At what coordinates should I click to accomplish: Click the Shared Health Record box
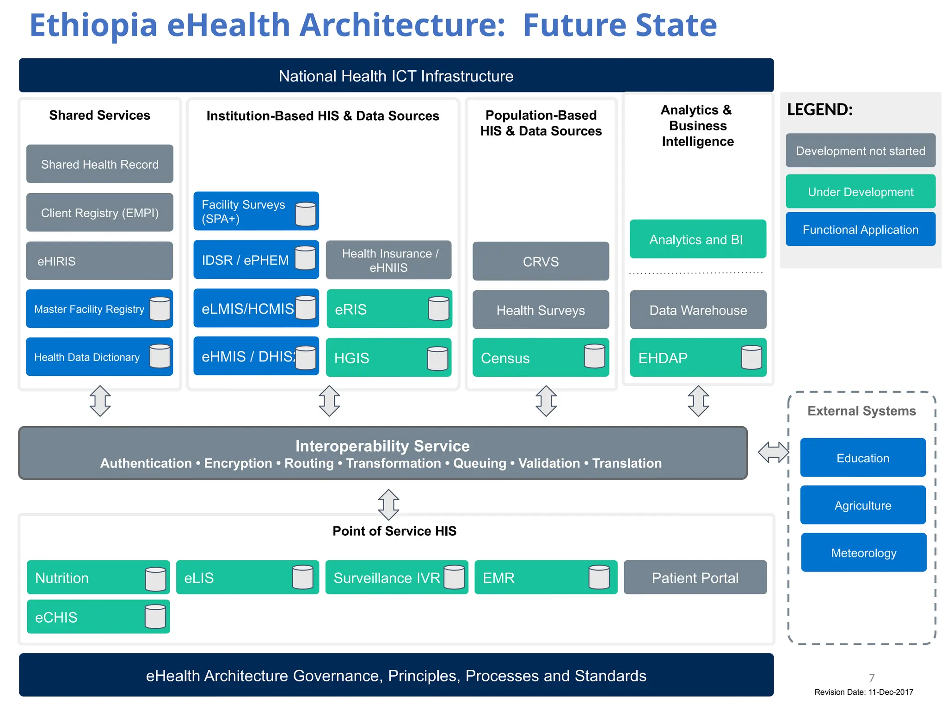tap(99, 164)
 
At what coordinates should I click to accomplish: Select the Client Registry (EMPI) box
tap(99, 213)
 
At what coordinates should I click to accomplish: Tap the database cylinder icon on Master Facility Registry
tap(160, 309)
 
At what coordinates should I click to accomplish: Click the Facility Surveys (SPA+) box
tap(256, 211)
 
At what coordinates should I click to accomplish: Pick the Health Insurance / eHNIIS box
tap(388, 260)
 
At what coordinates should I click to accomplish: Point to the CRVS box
tap(541, 261)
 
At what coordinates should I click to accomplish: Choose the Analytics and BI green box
tap(698, 239)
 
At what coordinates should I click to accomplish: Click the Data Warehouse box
tap(698, 310)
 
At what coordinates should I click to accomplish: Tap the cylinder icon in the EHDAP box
tap(751, 357)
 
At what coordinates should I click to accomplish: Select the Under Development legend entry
tap(860, 191)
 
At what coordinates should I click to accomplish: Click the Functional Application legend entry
tap(860, 229)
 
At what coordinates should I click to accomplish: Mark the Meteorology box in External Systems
tap(863, 552)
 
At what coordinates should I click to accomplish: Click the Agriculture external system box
tap(863, 505)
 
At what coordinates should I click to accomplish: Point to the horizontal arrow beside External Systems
tap(773, 452)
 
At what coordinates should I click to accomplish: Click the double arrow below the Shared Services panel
tap(100, 401)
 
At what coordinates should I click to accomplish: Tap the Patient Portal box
tap(695, 577)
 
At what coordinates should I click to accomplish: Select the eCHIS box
tap(98, 617)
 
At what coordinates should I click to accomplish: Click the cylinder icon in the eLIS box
tap(303, 577)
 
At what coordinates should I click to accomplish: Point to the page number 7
tap(872, 678)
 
